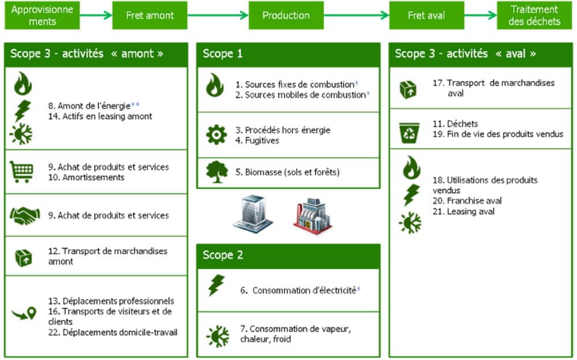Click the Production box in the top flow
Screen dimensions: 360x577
[286, 15]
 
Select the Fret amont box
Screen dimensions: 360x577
[149, 15]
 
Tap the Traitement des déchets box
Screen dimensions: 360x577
[534, 15]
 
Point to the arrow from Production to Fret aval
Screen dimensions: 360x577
[356, 15]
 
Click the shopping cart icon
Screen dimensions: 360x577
[23, 171]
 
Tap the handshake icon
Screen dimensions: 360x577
[24, 215]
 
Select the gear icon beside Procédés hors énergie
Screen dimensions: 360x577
[216, 134]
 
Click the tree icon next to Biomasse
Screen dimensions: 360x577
[216, 171]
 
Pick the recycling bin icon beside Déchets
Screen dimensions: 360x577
[409, 133]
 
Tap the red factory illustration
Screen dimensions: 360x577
[312, 215]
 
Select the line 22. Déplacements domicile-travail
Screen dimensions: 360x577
[113, 332]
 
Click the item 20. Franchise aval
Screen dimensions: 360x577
[467, 201]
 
